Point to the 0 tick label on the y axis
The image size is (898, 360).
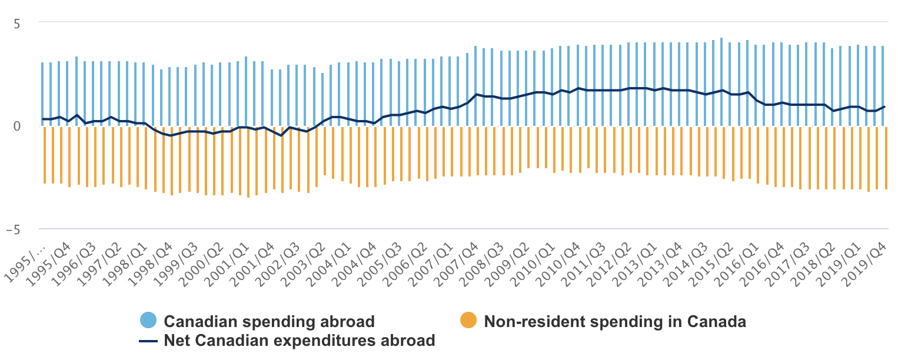[x=17, y=126]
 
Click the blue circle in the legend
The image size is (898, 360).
[x=148, y=321]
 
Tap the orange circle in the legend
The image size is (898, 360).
[x=468, y=321]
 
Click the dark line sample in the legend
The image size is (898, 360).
[x=148, y=341]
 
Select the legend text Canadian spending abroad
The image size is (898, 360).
[x=269, y=322]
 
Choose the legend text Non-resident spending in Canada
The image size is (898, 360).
[x=614, y=322]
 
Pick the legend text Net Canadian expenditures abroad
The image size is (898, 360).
[x=300, y=341]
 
